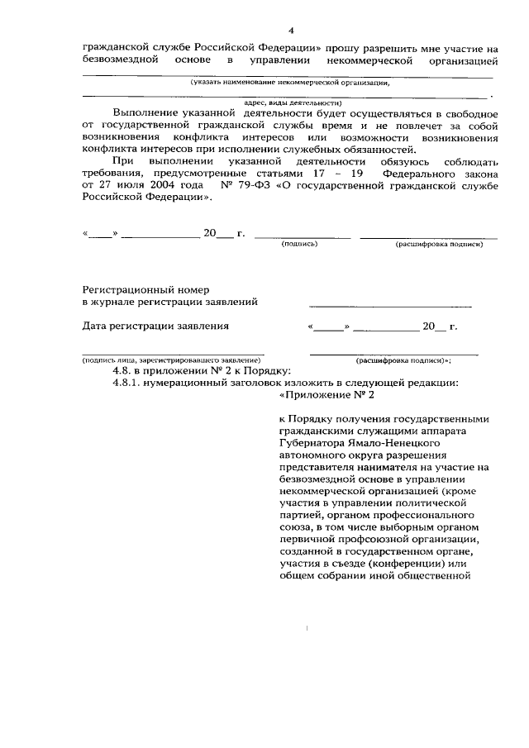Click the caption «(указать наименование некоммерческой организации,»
click(290, 83)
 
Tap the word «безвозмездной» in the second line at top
click(123, 61)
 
